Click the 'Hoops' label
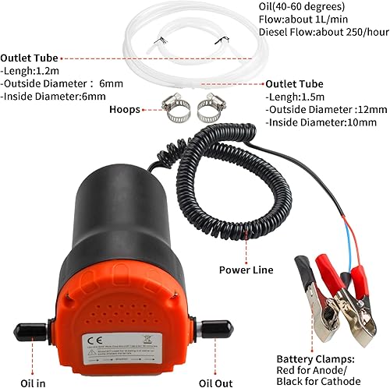click(x=125, y=110)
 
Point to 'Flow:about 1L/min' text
click(x=303, y=20)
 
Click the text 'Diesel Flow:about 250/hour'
click(x=323, y=33)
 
